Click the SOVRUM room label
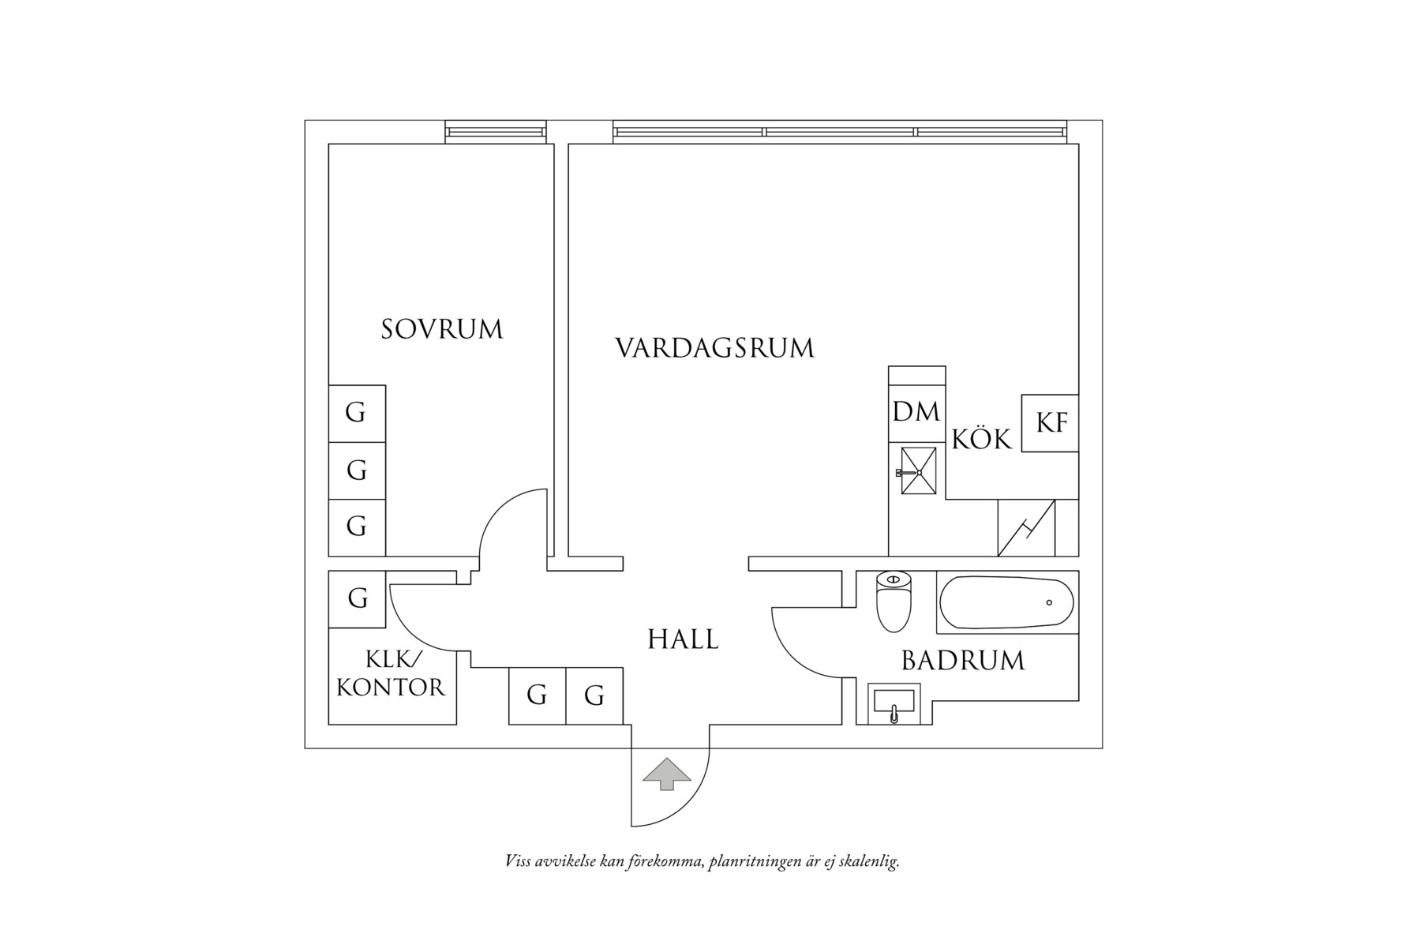pyautogui.click(x=442, y=329)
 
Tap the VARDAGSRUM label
pyautogui.click(x=714, y=348)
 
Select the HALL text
pyautogui.click(x=683, y=639)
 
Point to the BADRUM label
pyautogui.click(x=963, y=661)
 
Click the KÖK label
pyautogui.click(x=981, y=439)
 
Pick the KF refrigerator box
pyautogui.click(x=1050, y=423)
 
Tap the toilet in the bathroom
pyautogui.click(x=894, y=604)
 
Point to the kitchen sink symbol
pyautogui.click(x=919, y=471)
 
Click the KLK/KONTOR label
pyautogui.click(x=392, y=673)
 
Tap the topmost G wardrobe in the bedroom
pyautogui.click(x=356, y=413)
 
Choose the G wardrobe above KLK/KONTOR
pyautogui.click(x=358, y=598)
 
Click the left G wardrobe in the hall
pyautogui.click(x=537, y=695)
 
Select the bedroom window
pyautogui.click(x=495, y=132)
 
